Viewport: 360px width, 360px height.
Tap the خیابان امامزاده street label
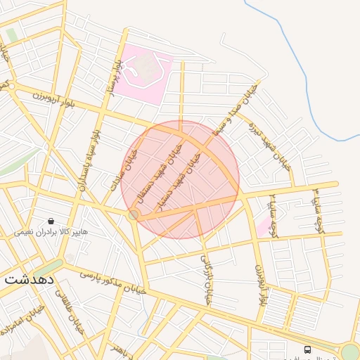[x=18, y=320]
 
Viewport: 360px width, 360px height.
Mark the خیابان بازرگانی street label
[x=207, y=274]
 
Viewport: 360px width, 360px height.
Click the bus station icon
[x=307, y=349]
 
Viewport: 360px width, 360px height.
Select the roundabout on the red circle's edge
[x=134, y=214]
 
